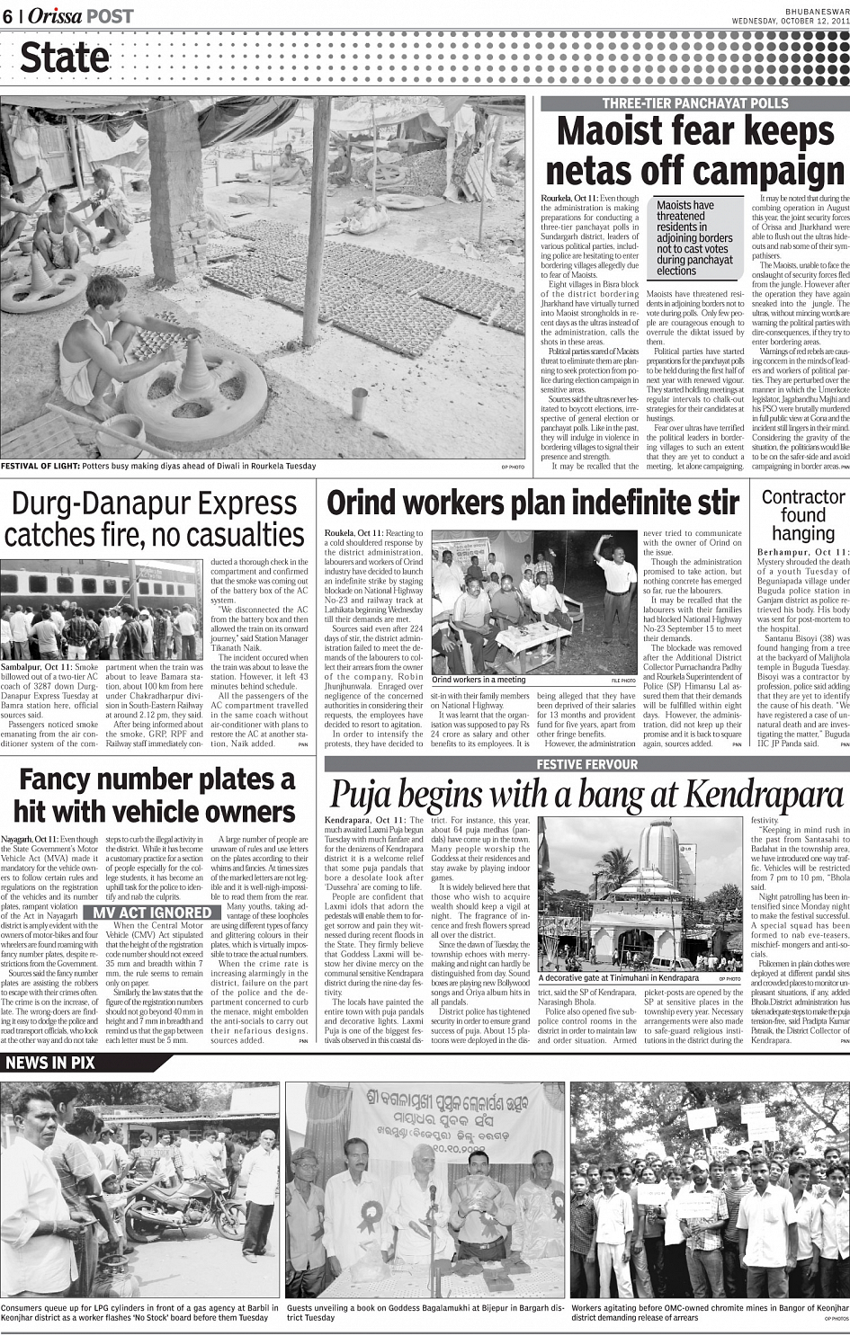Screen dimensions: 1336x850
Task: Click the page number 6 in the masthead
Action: [7, 16]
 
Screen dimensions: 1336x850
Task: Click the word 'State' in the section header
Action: [65, 58]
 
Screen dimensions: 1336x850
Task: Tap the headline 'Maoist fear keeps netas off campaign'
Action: [694, 150]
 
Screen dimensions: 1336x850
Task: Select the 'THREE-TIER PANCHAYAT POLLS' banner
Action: [694, 103]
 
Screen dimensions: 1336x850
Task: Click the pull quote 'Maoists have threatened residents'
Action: [694, 237]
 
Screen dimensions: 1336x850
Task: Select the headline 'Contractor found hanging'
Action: [803, 515]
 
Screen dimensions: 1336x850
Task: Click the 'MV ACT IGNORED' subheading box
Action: [148, 913]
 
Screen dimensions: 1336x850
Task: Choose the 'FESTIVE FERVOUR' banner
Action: [586, 764]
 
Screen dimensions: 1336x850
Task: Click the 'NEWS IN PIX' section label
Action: [50, 1063]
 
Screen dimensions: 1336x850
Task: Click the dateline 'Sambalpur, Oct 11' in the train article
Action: [36, 668]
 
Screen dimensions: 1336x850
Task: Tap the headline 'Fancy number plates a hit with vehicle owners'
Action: [155, 795]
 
